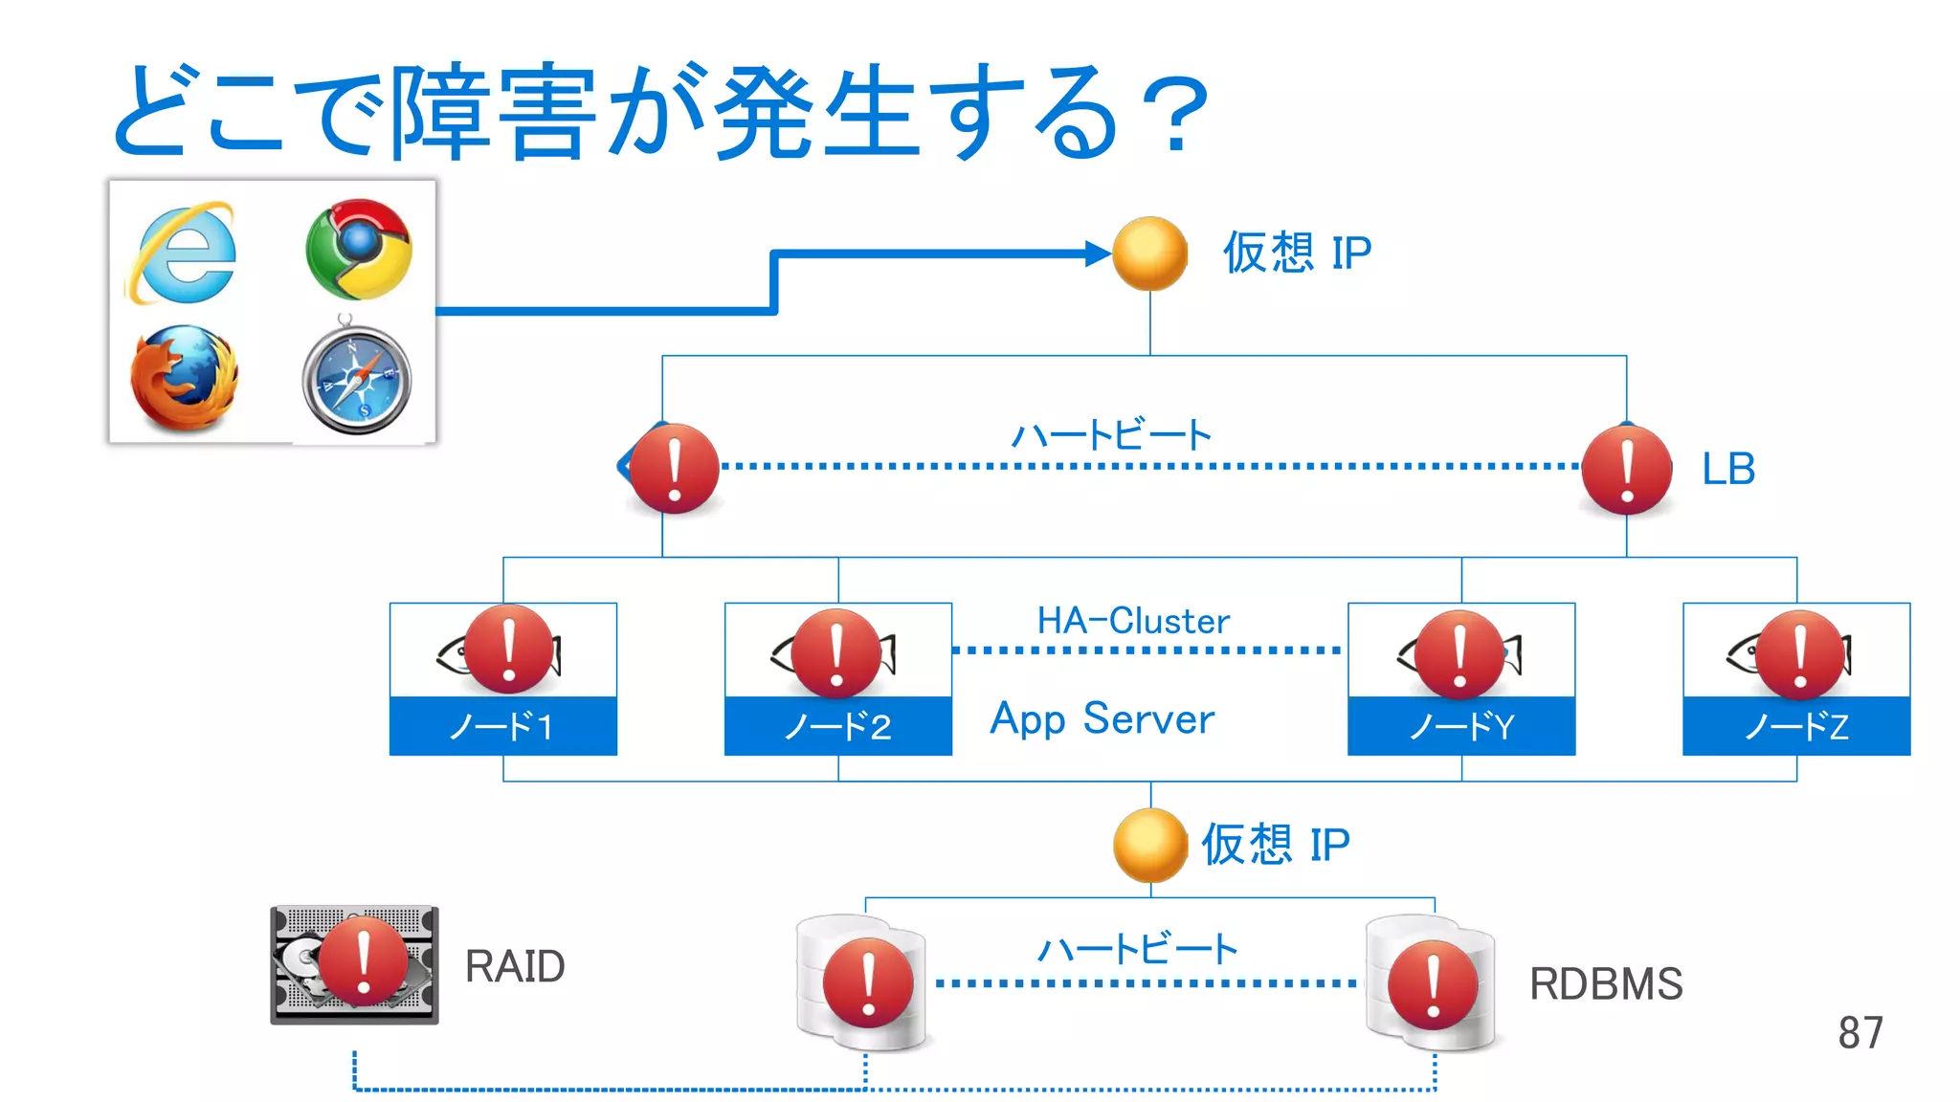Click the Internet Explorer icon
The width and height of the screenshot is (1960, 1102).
tap(182, 252)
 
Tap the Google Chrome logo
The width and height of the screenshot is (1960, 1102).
tap(359, 249)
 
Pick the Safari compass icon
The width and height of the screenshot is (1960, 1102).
tap(357, 380)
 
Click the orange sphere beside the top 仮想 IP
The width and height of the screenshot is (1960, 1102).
tap(1149, 253)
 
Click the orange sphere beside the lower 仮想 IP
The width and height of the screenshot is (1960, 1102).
tap(1149, 845)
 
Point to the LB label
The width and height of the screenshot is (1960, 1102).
tap(1727, 469)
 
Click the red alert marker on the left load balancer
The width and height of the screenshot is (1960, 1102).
tap(674, 469)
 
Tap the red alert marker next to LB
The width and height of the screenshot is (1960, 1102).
tap(1626, 469)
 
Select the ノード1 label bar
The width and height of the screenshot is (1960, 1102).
tap(502, 726)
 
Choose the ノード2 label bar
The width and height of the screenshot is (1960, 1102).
tap(837, 726)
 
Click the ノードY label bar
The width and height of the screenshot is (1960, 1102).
tap(1460, 726)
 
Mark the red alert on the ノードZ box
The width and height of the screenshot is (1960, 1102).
tap(1800, 655)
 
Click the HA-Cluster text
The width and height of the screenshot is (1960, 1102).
tap(1133, 621)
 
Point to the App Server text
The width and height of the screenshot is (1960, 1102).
tap(1102, 718)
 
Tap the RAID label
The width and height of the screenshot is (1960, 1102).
tap(514, 966)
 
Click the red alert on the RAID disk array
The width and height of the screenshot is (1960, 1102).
tap(363, 961)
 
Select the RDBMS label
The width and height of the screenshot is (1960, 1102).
tap(1605, 984)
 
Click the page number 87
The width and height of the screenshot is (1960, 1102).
tap(1860, 1033)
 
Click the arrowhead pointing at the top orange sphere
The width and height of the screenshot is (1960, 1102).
tap(1098, 253)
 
